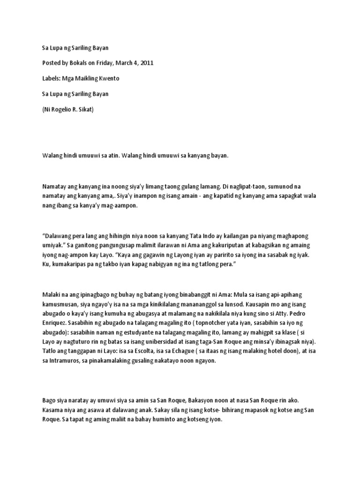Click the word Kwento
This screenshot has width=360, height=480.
pyautogui.click(x=108, y=78)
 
